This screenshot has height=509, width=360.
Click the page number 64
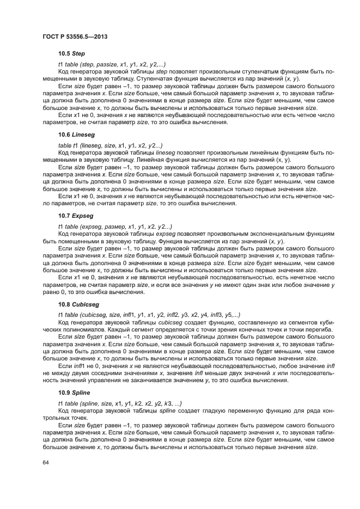click(46, 462)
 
